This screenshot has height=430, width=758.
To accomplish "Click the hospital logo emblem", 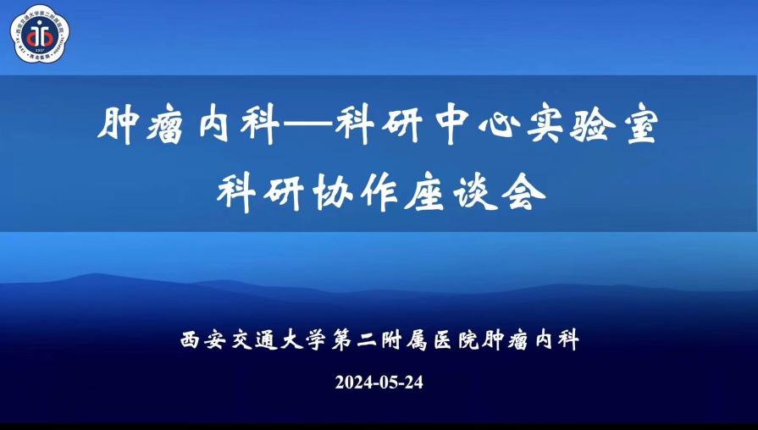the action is pos(40,34).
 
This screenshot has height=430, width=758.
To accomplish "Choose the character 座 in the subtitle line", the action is pos(425,192).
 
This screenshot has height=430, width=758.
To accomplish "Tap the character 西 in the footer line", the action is pos(190,340).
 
